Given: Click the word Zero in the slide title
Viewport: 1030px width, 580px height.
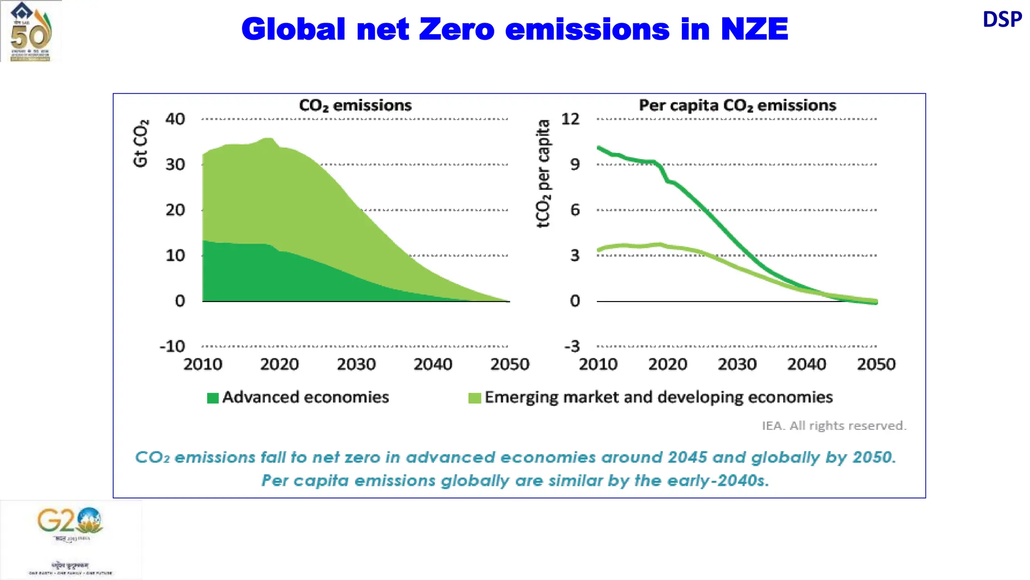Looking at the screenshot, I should coord(457,29).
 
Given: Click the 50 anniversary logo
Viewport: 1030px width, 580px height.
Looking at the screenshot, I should coord(31,31).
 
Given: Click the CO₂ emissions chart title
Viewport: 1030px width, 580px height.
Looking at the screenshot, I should coord(355,105).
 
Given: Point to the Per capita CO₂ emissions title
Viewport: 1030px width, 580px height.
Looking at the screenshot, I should coord(737,105).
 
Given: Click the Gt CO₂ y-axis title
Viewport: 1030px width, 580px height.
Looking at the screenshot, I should coord(141,143).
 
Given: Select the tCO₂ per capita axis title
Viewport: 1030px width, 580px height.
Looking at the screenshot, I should coord(543,174).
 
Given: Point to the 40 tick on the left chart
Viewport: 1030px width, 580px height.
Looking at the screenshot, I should coord(175,119).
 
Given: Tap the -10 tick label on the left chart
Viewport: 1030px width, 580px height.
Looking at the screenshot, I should coord(173,346).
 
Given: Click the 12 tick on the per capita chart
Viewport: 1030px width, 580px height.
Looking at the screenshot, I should coord(570,119).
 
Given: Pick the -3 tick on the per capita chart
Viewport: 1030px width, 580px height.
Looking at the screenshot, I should coord(572,346).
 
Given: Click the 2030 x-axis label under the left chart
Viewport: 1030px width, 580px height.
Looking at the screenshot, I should coord(356,364).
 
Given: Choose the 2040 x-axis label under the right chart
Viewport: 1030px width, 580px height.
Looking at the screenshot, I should coord(806,364).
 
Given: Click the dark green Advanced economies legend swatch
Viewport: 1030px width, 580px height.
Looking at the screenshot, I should coord(213,398).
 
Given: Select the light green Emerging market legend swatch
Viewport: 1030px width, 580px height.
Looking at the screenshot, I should coord(474,398).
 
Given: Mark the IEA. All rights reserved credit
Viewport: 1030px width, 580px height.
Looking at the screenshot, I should coord(833,426).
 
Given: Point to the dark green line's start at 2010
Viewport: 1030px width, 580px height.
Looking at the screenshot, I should coord(599,148).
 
